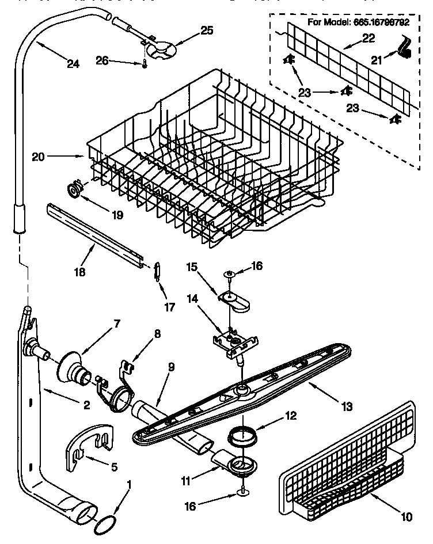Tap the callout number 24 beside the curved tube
click(x=73, y=64)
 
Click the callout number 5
click(x=114, y=467)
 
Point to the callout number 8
click(x=157, y=333)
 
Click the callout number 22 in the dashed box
click(x=368, y=39)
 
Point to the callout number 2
click(x=85, y=405)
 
